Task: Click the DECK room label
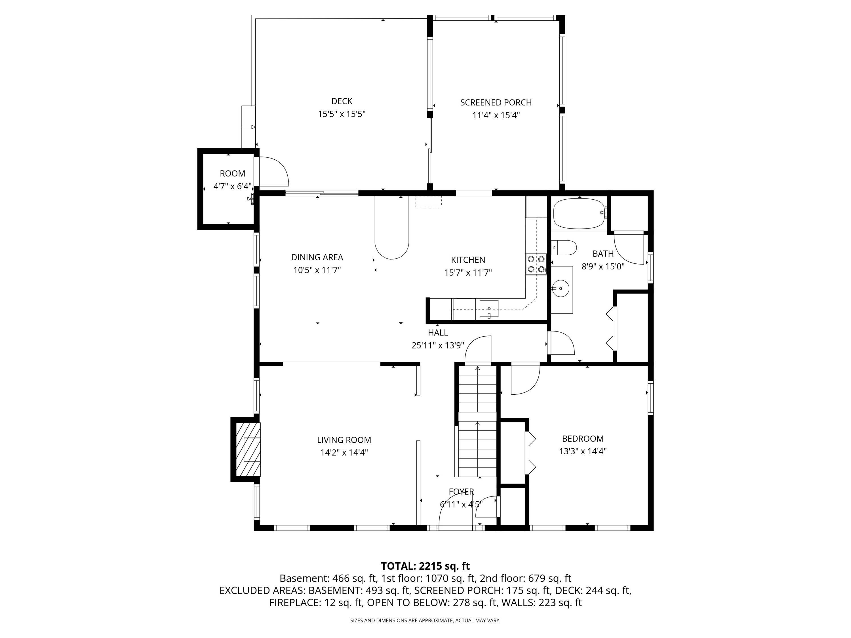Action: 342,101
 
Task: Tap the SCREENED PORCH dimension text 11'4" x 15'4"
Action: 496,115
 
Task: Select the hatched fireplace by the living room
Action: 248,449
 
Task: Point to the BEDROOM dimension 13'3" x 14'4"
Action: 582,451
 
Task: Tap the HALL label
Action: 438,332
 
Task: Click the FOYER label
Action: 461,491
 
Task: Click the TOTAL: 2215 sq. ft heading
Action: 425,566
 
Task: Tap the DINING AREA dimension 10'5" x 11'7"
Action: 317,270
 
